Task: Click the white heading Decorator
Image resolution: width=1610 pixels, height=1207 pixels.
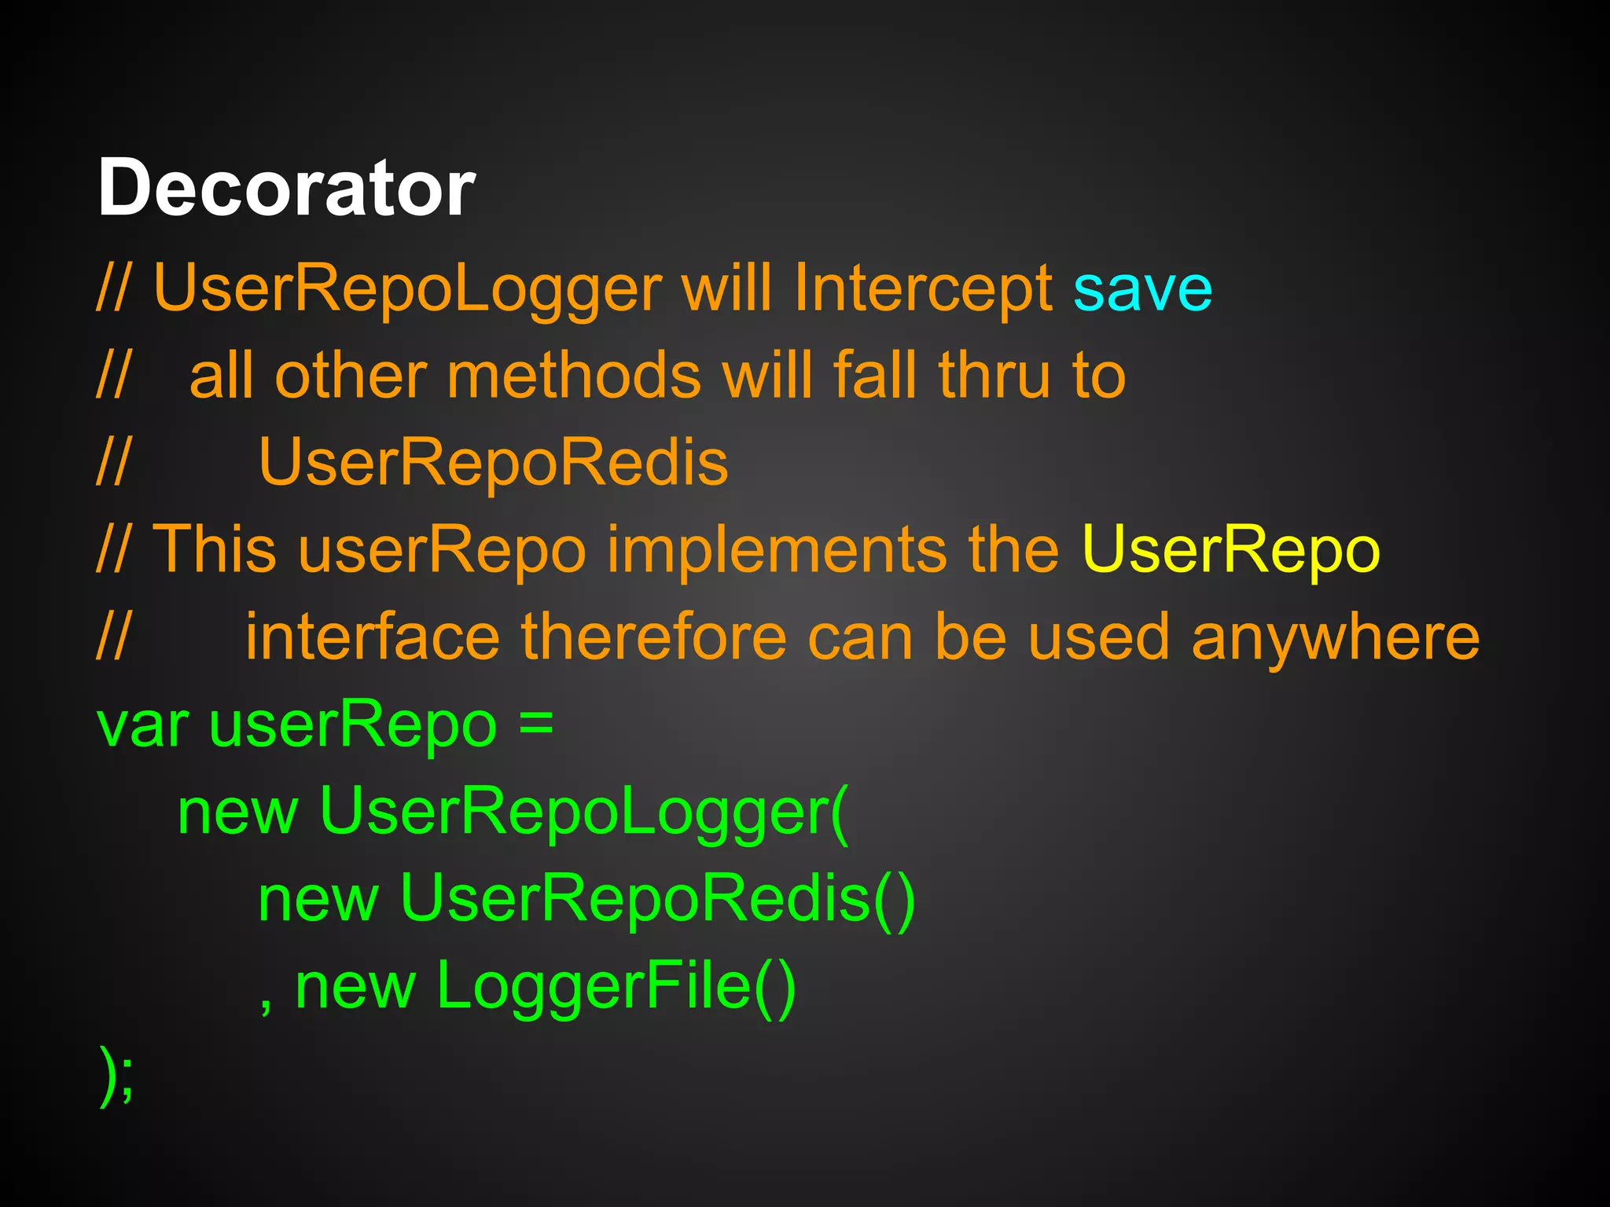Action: click(x=286, y=189)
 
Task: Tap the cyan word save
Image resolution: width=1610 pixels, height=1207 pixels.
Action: click(x=1142, y=289)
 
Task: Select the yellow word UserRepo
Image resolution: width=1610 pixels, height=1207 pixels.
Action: click(x=1230, y=549)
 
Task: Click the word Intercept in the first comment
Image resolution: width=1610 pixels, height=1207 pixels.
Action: click(x=923, y=289)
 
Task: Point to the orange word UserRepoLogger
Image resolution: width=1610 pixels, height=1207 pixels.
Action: click(x=407, y=289)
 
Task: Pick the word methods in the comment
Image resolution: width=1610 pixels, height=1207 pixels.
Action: click(x=573, y=376)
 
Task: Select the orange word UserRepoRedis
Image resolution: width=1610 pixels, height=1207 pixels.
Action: click(x=493, y=462)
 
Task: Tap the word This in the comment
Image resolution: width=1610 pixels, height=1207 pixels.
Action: click(x=214, y=549)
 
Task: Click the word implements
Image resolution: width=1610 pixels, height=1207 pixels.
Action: click(x=777, y=549)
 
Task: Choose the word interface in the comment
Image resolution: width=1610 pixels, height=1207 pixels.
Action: click(x=372, y=637)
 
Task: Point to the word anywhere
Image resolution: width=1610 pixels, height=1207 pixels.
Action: click(x=1336, y=637)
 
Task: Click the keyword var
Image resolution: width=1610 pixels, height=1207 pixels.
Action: click(x=142, y=725)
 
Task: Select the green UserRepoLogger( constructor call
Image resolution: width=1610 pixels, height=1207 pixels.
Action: click(x=583, y=811)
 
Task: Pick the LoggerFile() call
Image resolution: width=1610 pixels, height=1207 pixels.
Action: click(x=616, y=985)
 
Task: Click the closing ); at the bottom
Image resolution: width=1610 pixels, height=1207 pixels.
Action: click(x=116, y=1073)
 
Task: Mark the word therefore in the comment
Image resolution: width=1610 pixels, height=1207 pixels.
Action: click(x=653, y=637)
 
